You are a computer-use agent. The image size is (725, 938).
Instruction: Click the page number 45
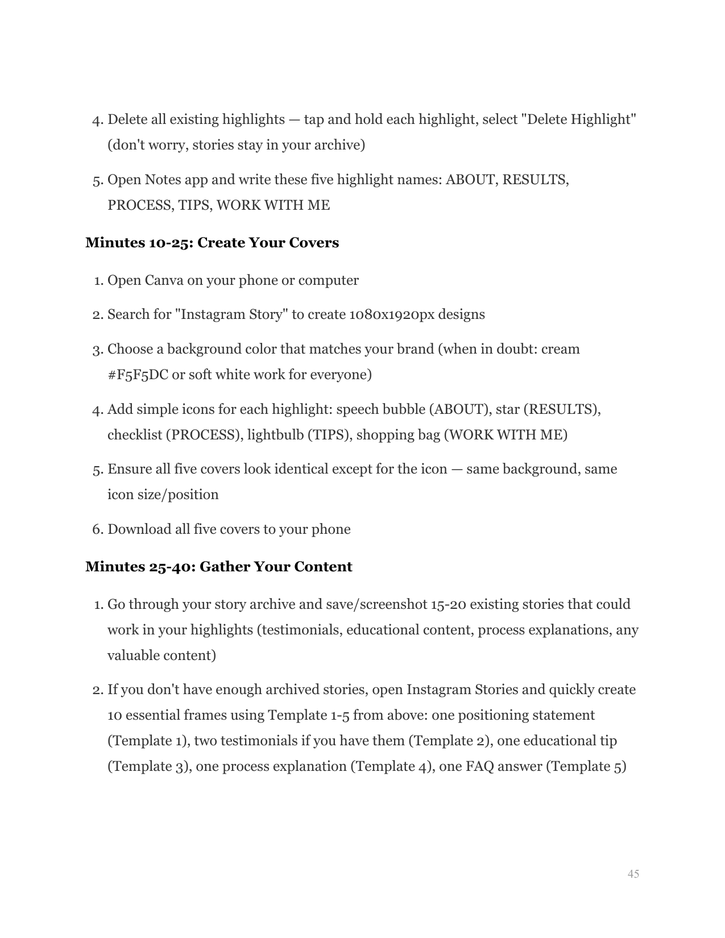(x=633, y=874)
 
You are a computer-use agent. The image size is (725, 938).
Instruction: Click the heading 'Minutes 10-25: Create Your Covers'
(x=212, y=243)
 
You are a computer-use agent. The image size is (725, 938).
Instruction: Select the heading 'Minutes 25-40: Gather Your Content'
(x=218, y=567)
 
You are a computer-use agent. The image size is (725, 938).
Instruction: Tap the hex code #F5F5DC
(x=138, y=375)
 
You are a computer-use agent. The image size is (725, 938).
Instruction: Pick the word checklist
(x=134, y=435)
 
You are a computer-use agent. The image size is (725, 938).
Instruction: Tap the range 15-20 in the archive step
(x=448, y=604)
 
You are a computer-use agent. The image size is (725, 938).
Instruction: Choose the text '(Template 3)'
(x=149, y=766)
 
